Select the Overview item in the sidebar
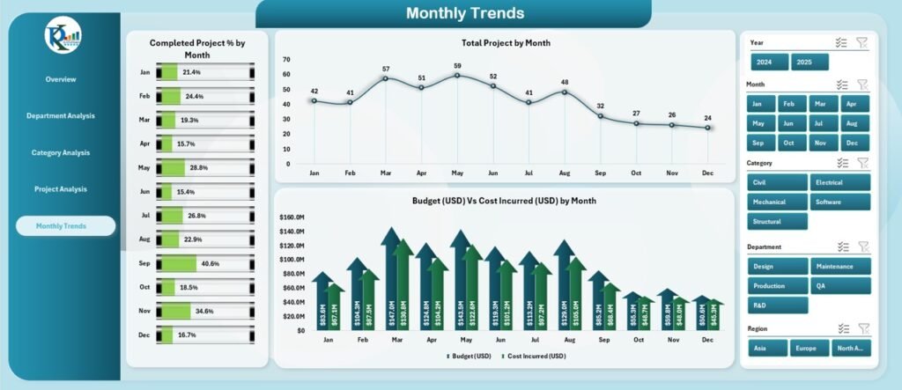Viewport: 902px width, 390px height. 61,79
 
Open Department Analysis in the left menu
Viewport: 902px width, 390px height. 61,116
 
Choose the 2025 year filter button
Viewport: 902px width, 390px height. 810,63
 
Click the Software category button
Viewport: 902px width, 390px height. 840,202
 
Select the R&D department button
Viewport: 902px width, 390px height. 777,305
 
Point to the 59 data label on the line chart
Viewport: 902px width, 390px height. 456,66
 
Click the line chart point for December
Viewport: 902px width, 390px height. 707,128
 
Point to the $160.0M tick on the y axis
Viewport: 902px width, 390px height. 292,217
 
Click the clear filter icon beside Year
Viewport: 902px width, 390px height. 862,42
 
